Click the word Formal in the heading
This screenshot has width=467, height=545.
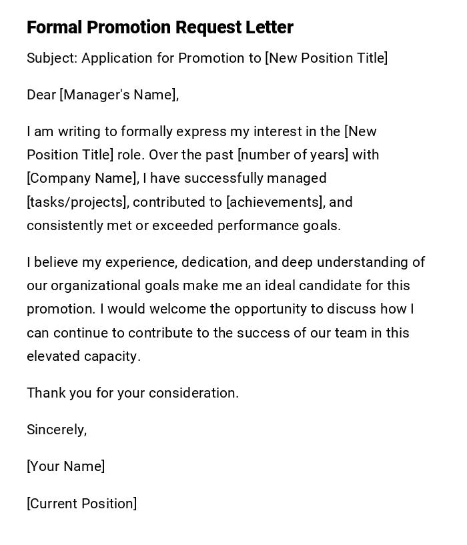(54, 27)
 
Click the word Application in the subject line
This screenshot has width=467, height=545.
(117, 58)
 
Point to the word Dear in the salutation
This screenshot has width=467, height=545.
(41, 95)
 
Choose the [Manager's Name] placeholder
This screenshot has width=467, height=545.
(119, 95)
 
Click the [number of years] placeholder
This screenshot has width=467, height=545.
(293, 155)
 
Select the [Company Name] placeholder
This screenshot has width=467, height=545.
(82, 178)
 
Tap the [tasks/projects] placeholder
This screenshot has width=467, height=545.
(77, 202)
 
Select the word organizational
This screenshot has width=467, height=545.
(95, 286)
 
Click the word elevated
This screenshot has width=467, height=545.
(53, 356)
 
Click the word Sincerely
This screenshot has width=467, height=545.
(57, 430)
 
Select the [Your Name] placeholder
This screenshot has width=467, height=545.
(65, 466)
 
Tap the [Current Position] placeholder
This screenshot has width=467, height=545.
(81, 504)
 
